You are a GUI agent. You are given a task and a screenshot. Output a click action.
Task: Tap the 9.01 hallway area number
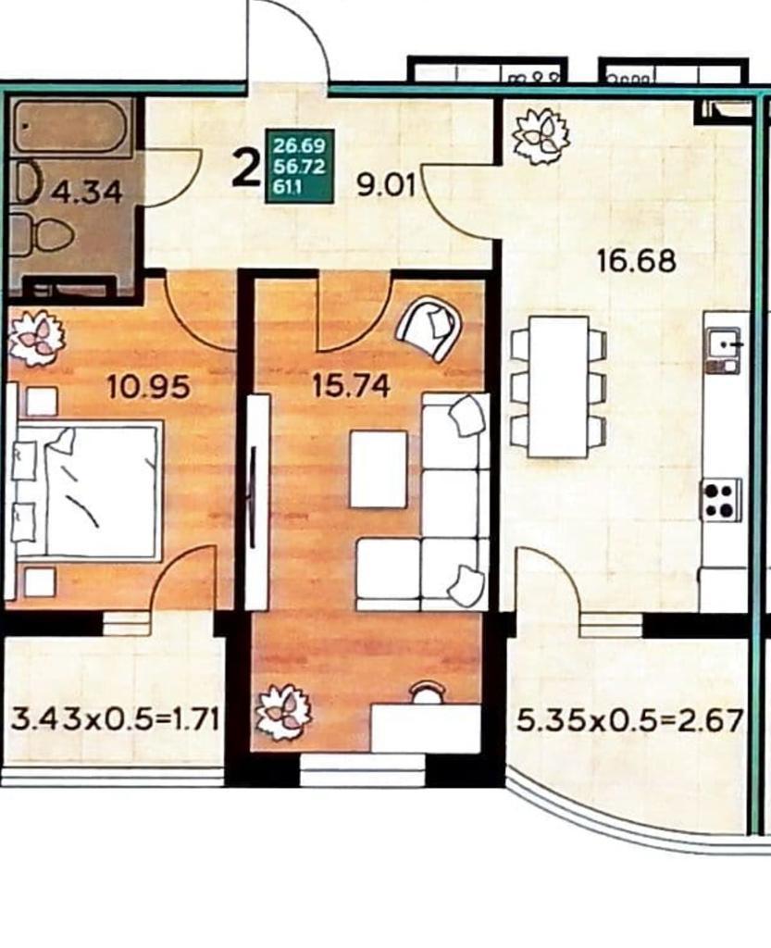point(386,185)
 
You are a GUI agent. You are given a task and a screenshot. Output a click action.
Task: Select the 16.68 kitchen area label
point(636,261)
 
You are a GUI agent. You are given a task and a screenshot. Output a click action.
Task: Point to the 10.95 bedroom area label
point(148,386)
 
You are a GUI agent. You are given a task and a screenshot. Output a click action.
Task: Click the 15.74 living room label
point(351,386)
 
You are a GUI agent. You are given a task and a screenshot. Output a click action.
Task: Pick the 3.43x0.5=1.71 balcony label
point(115,720)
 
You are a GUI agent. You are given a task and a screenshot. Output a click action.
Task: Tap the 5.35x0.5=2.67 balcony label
point(629,720)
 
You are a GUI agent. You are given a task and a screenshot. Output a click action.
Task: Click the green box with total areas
point(300,167)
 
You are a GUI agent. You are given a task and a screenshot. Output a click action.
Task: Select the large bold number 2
point(246,169)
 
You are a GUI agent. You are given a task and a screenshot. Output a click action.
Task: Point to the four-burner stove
point(721,499)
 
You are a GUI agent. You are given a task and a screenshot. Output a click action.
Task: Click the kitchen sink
point(724,350)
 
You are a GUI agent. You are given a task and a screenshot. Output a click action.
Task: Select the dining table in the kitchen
point(558,387)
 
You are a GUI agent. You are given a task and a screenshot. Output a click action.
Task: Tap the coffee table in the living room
point(379,468)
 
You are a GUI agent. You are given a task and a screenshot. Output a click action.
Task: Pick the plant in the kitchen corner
point(541,135)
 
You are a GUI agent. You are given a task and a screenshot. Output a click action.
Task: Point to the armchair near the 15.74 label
point(429,328)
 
